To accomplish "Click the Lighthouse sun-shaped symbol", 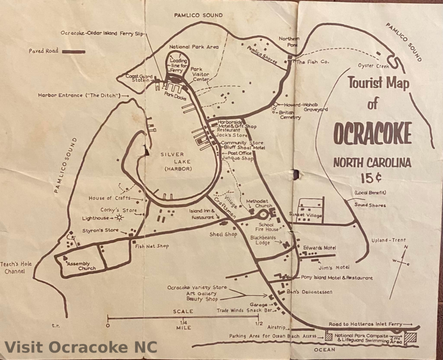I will tap(119, 218).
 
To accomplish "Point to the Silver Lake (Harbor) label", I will tap(178, 162).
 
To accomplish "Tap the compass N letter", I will tap(405, 247).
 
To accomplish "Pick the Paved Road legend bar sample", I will tap(74, 51).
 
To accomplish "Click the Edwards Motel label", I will tap(319, 248).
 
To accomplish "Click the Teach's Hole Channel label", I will tap(16, 268).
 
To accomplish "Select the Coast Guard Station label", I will tap(138, 78).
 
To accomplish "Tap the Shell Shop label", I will tap(223, 234).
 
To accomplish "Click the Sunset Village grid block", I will tap(311, 210).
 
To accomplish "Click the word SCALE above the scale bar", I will tap(183, 311).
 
